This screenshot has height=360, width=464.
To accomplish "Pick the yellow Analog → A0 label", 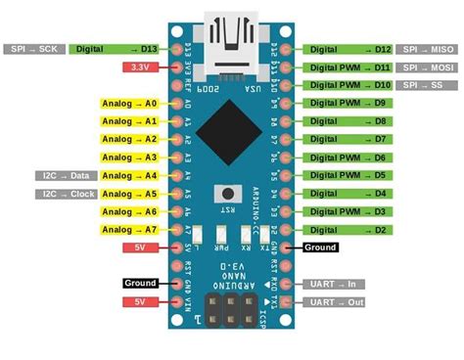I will (129, 103).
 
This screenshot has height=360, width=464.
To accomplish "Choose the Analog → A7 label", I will (129, 229).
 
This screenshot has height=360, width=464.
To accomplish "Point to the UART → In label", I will (333, 284).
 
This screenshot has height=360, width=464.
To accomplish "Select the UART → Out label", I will (333, 302).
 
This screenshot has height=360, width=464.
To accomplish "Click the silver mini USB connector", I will (232, 44).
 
